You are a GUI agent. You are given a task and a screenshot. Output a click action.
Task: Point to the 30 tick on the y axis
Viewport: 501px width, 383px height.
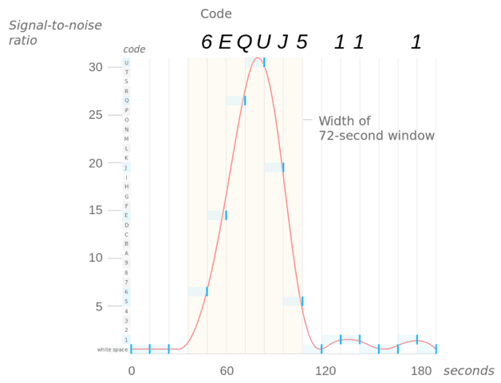(x=96, y=67)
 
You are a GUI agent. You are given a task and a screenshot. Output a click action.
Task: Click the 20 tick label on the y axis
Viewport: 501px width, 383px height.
(x=96, y=164)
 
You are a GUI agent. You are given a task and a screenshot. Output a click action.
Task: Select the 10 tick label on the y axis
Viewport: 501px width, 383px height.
(x=96, y=259)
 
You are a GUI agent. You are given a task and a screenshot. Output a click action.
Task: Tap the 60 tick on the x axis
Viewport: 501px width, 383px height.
(x=227, y=371)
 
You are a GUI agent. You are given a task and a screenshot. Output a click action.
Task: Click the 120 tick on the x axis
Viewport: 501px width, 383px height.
(x=322, y=371)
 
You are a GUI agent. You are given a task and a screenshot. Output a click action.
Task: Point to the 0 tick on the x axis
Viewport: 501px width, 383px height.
(x=132, y=371)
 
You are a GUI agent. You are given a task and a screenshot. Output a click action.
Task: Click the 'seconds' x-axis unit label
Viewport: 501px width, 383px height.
(x=468, y=371)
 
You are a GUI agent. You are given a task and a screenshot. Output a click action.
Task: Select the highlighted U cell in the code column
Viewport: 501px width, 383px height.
(x=126, y=62)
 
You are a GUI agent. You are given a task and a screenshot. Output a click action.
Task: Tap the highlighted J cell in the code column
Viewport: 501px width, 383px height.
(x=126, y=168)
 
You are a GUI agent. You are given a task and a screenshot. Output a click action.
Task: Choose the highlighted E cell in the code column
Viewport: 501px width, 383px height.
(x=126, y=215)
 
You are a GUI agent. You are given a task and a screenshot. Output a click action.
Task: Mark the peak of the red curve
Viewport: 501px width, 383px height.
(x=256, y=57)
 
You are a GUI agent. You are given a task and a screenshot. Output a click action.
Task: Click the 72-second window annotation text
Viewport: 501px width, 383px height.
(x=376, y=128)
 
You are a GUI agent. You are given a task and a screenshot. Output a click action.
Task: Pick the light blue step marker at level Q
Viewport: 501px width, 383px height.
(x=236, y=101)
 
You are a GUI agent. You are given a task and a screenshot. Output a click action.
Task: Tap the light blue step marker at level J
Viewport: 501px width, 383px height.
(x=274, y=168)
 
